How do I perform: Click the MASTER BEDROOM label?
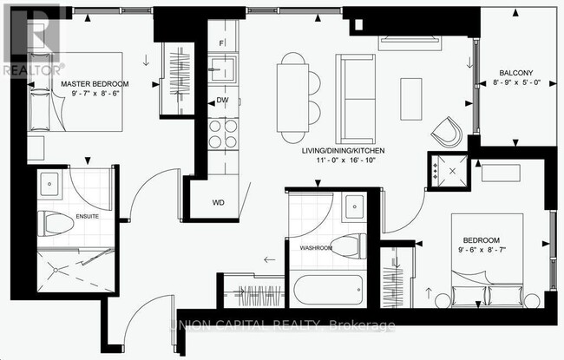coord(95,84)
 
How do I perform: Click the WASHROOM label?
coord(316,248)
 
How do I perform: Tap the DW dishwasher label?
coord(223,101)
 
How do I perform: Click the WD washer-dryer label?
coord(220,203)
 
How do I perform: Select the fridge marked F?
coord(222,43)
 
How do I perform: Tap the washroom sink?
coord(354,206)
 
